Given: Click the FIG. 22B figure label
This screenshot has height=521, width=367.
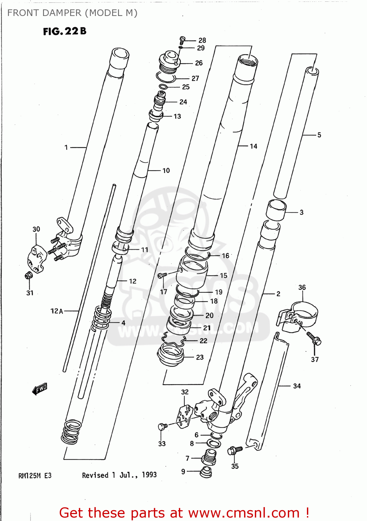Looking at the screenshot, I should click(x=65, y=31).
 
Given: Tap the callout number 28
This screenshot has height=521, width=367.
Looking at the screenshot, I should click(x=202, y=40).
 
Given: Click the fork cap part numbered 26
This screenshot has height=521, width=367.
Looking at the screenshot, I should click(x=169, y=62).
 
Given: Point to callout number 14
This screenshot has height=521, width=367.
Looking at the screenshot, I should click(x=253, y=146).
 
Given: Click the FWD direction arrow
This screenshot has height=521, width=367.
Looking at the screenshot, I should click(x=40, y=389).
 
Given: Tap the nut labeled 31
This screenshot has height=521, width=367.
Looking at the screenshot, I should click(x=28, y=276).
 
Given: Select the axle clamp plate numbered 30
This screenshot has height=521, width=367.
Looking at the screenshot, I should click(x=36, y=258).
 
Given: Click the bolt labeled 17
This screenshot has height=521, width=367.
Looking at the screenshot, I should click(x=162, y=275).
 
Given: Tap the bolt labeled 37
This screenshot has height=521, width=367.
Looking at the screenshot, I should click(x=314, y=339).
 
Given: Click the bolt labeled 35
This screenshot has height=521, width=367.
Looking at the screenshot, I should click(x=234, y=450).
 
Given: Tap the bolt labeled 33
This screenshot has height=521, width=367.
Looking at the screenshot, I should click(x=162, y=426).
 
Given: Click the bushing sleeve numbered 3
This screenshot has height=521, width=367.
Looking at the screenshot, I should click(x=276, y=210).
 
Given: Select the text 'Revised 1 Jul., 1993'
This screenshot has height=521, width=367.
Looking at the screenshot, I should click(x=119, y=475).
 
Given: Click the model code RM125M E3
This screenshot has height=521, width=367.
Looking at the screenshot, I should click(x=35, y=475).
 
